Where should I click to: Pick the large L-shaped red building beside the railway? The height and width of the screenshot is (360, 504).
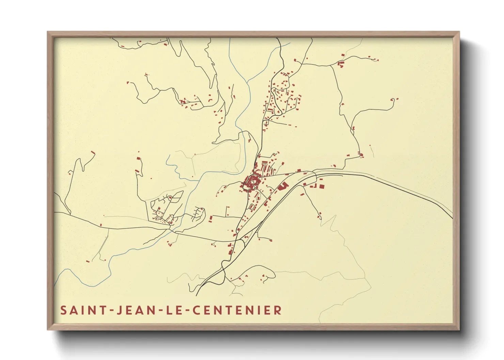tap(282, 186)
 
